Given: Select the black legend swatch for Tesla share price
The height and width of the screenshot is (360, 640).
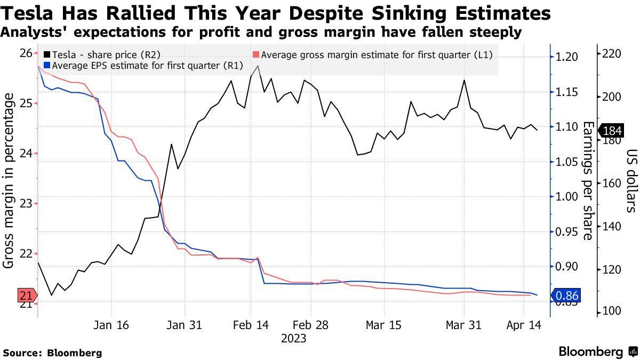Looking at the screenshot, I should (x=47, y=54).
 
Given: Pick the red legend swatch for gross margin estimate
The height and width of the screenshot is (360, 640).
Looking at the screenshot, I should (x=256, y=54).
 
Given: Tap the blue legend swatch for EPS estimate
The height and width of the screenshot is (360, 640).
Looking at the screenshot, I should (x=47, y=66).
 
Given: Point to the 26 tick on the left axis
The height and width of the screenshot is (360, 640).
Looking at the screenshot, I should (x=26, y=53).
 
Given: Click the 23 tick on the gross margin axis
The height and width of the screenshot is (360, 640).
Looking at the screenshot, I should (x=26, y=203).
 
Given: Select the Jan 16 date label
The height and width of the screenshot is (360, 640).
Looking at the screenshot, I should (x=111, y=325).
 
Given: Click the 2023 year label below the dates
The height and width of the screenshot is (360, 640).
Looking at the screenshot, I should (x=293, y=339).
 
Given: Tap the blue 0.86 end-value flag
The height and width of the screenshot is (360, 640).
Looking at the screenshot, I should (x=566, y=295).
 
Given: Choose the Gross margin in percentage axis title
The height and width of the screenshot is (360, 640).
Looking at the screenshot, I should (x=9, y=181).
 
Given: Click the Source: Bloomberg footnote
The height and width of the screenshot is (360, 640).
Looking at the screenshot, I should (x=52, y=353).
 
